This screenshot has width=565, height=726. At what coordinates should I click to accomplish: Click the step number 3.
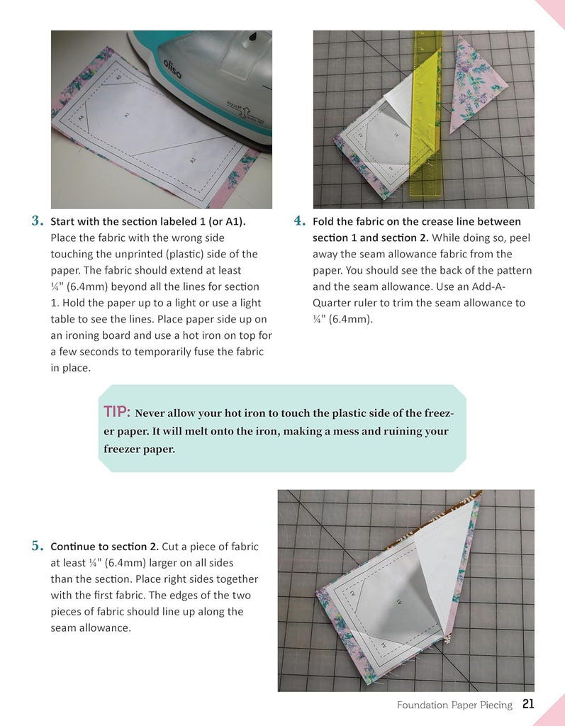[38, 221]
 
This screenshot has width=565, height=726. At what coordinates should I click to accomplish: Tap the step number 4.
[299, 221]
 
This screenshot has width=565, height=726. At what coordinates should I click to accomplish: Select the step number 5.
[38, 547]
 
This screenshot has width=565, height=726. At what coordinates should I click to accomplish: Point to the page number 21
[527, 704]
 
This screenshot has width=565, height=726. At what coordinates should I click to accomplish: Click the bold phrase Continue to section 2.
[104, 547]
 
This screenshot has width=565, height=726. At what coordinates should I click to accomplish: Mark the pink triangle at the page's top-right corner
[553, 10]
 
